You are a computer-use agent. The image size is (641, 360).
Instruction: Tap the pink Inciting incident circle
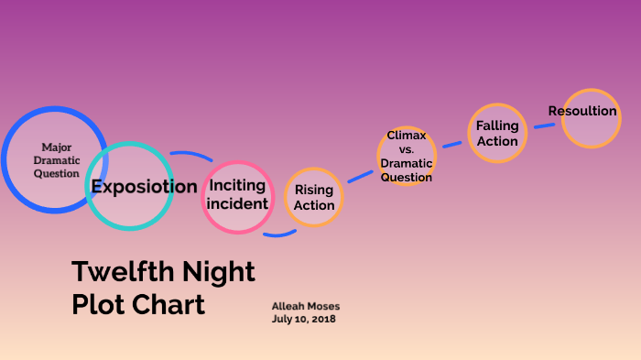pos(237,196)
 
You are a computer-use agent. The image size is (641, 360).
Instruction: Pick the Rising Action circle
pos(314,197)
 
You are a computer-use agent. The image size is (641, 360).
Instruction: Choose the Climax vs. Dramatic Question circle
pos(406,156)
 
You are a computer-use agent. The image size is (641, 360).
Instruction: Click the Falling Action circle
pos(497,134)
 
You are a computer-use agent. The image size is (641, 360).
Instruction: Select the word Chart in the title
pos(171,304)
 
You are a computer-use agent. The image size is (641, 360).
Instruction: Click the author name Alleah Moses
pos(305,305)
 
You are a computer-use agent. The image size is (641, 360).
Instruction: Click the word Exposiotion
pos(144,187)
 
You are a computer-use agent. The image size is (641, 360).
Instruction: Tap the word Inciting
pos(237,186)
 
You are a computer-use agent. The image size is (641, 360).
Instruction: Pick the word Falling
pos(497,125)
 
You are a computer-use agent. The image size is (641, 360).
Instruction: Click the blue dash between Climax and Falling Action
pos(452,144)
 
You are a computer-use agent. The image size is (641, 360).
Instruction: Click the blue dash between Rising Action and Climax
pos(360,175)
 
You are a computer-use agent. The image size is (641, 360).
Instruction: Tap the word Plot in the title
pos(99,304)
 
